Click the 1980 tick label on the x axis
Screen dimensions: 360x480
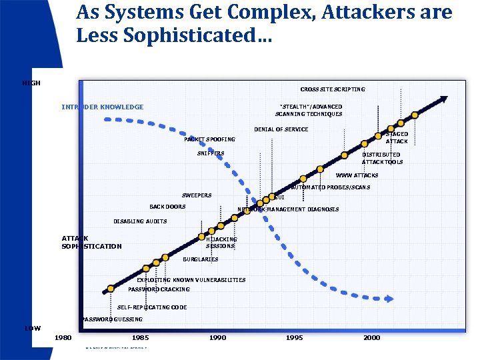pyautogui.click(x=63, y=338)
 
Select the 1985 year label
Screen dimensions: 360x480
pyautogui.click(x=140, y=338)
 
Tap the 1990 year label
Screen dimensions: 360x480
pyautogui.click(x=217, y=338)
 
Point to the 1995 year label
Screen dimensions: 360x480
pyautogui.click(x=294, y=338)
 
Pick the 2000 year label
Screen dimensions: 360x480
pyautogui.click(x=371, y=338)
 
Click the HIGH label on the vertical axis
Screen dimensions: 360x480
pyautogui.click(x=31, y=83)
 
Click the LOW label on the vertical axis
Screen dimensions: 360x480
pyautogui.click(x=33, y=328)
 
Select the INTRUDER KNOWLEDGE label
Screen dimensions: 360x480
pyautogui.click(x=102, y=107)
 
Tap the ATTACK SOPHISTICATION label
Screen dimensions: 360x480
pyautogui.click(x=91, y=242)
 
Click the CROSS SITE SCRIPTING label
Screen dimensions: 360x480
pyautogui.click(x=332, y=89)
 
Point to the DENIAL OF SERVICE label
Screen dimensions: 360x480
pyautogui.click(x=281, y=129)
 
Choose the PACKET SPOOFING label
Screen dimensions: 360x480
pyautogui.click(x=209, y=139)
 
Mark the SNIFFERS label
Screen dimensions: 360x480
pyautogui.click(x=211, y=153)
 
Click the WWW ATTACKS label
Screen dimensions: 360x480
pyautogui.click(x=357, y=175)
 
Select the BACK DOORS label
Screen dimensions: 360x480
pyautogui.click(x=167, y=207)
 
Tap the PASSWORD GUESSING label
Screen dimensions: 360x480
pyautogui.click(x=112, y=319)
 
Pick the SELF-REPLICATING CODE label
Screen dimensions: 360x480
pyautogui.click(x=152, y=307)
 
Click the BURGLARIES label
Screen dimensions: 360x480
pyautogui.click(x=200, y=259)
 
